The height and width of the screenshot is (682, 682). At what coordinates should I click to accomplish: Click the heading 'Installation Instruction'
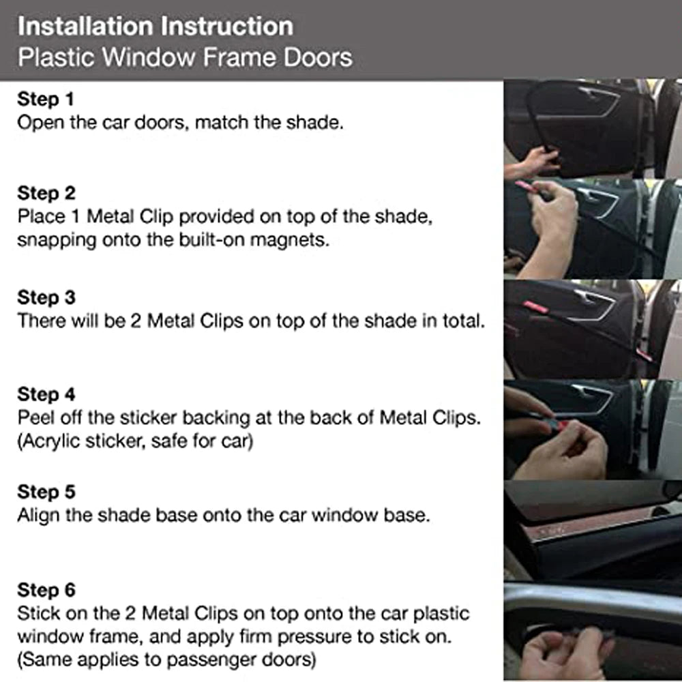coord(155,27)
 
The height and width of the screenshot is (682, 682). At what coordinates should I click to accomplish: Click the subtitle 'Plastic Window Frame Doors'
coord(185,57)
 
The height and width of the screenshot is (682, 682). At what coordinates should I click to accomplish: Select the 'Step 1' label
coord(45,100)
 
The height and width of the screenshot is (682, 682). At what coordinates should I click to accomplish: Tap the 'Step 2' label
coord(46,193)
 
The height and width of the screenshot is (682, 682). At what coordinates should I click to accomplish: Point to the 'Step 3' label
coord(46,297)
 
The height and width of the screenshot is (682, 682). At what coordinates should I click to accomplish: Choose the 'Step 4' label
coord(46,394)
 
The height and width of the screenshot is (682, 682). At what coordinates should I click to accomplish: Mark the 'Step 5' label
coord(46,492)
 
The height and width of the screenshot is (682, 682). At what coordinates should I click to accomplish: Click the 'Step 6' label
coord(46,589)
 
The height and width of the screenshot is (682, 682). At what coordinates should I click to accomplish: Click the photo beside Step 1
coord(592,129)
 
